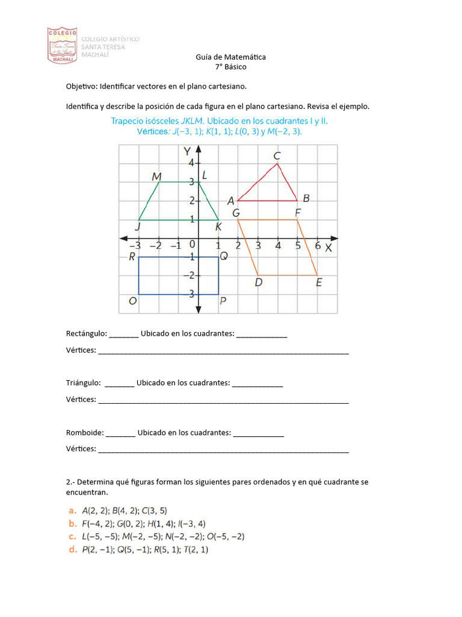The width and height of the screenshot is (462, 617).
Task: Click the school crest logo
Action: tap(63, 45)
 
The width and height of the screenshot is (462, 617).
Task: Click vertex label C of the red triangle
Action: tap(277, 156)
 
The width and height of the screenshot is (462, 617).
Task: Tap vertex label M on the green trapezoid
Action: tap(156, 176)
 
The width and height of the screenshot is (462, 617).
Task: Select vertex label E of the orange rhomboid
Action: tap(319, 283)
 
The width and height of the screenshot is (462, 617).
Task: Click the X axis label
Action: tap(328, 247)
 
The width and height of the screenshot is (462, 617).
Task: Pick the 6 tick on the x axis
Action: tap(318, 246)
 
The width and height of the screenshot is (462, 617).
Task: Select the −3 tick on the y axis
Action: tap(189, 294)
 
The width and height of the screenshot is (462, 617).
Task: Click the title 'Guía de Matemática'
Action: tap(230, 57)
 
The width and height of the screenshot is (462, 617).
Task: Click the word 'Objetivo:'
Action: tap(81, 86)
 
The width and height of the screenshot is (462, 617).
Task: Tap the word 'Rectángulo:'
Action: tap(86, 334)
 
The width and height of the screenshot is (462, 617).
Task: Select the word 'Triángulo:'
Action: tap(84, 383)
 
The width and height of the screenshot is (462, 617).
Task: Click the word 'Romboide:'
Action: tap(84, 433)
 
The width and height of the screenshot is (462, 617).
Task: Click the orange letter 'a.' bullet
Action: tap(72, 510)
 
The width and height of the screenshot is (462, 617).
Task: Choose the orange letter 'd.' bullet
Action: tap(72, 550)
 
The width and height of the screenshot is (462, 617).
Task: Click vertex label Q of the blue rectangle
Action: tap(223, 257)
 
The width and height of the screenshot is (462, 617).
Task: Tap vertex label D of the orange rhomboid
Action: tap(258, 283)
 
